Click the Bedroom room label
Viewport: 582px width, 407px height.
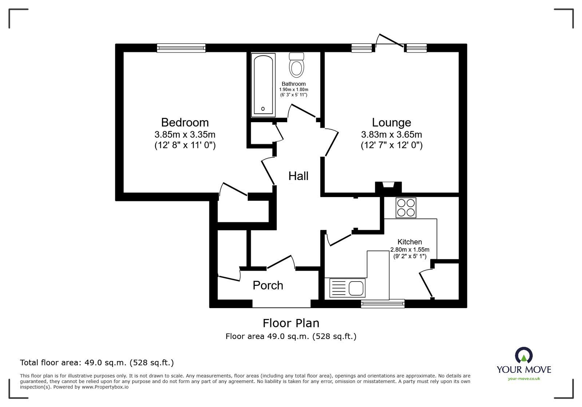(x=185, y=122)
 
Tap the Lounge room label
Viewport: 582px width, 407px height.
(x=391, y=122)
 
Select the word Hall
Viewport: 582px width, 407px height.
(x=298, y=176)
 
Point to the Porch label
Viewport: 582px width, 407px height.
(x=268, y=286)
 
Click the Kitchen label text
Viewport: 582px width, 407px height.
(x=409, y=242)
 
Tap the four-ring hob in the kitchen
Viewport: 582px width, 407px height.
(x=406, y=208)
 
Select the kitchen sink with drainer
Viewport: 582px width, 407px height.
(x=347, y=288)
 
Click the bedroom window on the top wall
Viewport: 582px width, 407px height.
(x=181, y=48)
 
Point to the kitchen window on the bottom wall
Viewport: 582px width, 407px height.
(x=383, y=303)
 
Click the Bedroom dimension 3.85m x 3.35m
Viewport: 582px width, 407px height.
(x=185, y=135)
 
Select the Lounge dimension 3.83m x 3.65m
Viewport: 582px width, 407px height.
(x=391, y=135)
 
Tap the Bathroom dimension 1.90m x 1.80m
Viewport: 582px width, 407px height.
(x=293, y=89)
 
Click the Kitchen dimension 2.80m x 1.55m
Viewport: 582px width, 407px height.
(x=409, y=250)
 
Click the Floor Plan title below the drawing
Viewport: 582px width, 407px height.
(x=291, y=323)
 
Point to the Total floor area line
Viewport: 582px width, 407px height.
(x=97, y=363)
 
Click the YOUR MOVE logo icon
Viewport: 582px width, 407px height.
(x=523, y=355)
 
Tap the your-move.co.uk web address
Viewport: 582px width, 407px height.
(x=524, y=379)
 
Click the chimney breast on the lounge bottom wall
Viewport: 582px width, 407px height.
(x=388, y=187)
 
